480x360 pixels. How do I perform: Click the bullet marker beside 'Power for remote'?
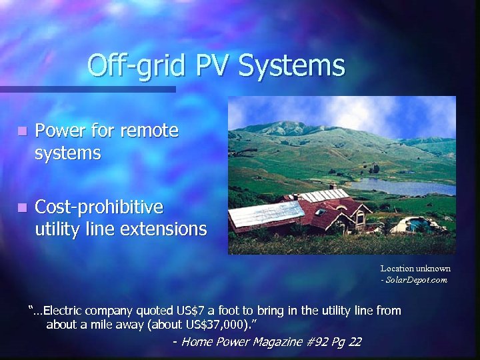23,131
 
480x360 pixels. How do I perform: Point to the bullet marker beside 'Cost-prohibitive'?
23,207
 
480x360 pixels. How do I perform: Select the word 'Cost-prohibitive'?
99,207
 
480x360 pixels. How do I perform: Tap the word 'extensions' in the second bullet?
166,229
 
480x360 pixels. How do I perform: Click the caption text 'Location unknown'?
415,269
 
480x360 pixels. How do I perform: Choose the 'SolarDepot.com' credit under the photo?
416,280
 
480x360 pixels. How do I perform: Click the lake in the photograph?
400,186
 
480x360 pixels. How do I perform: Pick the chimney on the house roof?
333,187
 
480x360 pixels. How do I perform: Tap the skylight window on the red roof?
321,212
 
